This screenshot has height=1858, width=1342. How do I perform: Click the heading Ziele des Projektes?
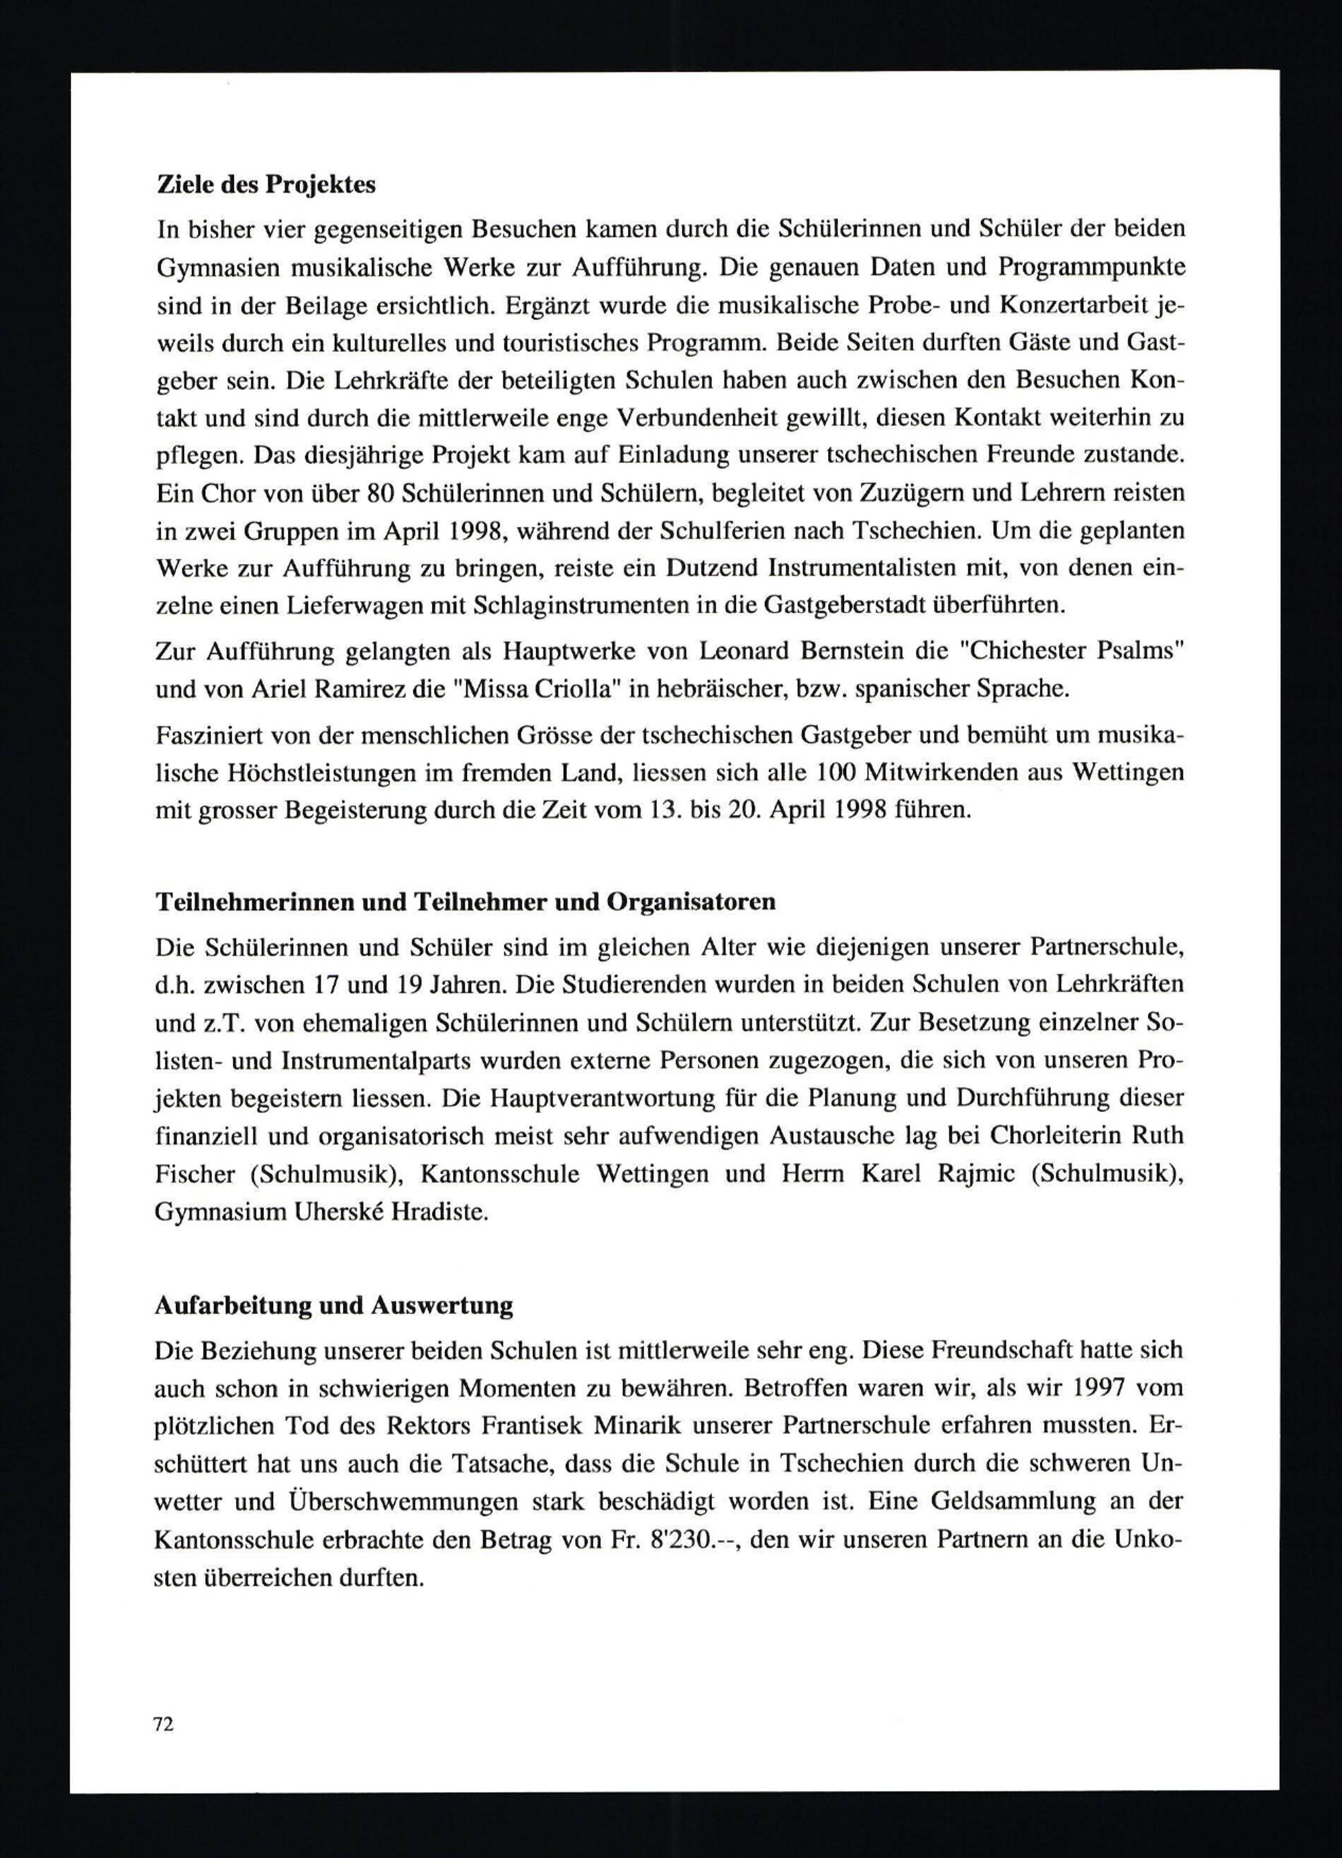tap(266, 185)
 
